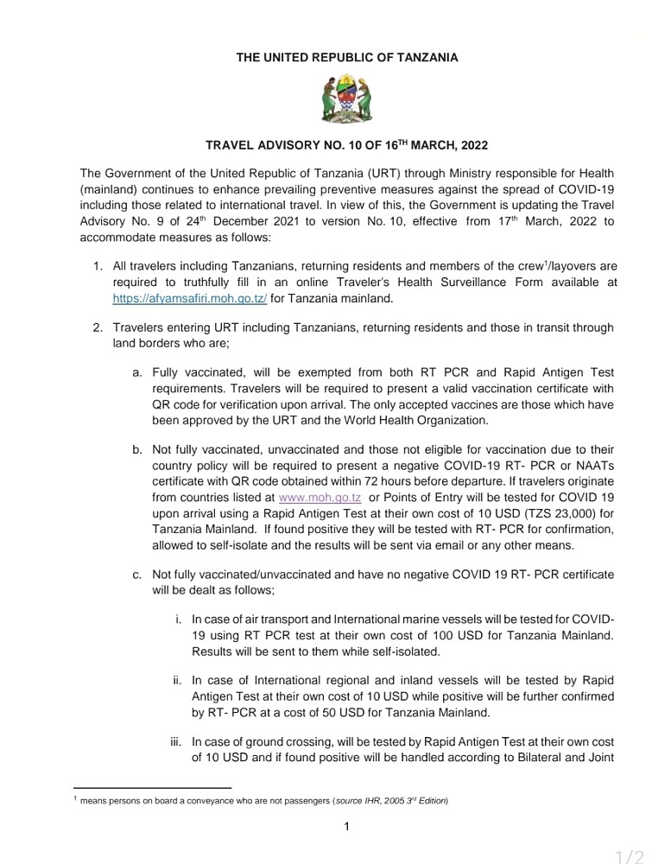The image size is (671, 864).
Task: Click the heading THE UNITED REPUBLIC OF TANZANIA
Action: (x=347, y=58)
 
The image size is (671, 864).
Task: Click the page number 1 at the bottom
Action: (x=346, y=827)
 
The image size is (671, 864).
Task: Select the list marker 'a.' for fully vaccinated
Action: (x=137, y=373)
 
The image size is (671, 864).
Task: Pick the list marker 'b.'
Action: (x=137, y=449)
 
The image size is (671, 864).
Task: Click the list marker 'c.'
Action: (x=137, y=574)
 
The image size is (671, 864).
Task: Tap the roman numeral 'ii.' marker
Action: (x=179, y=680)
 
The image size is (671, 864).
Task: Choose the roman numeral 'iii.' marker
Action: (x=177, y=740)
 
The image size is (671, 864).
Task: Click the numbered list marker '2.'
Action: (x=98, y=328)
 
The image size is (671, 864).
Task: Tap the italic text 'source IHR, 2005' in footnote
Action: (x=372, y=801)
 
